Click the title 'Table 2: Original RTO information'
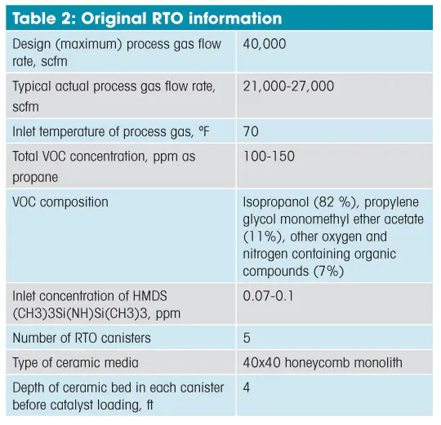pyautogui.click(x=147, y=18)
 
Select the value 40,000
pyautogui.click(x=265, y=44)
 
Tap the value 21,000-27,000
pyautogui.click(x=288, y=86)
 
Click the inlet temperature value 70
pyautogui.click(x=251, y=131)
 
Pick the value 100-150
pyautogui.click(x=269, y=156)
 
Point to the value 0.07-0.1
pyautogui.click(x=268, y=296)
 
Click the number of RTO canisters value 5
pyautogui.click(x=247, y=338)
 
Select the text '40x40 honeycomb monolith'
pyautogui.click(x=323, y=362)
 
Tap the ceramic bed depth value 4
pyautogui.click(x=247, y=387)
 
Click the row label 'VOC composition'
pyautogui.click(x=60, y=202)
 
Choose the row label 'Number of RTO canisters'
pyautogui.click(x=82, y=338)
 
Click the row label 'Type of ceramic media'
pyautogui.click(x=75, y=363)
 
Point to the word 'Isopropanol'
pyautogui.click(x=276, y=202)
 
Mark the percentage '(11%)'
pyautogui.click(x=264, y=237)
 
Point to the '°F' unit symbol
pyautogui.click(x=204, y=131)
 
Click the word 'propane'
pyautogui.click(x=35, y=178)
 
